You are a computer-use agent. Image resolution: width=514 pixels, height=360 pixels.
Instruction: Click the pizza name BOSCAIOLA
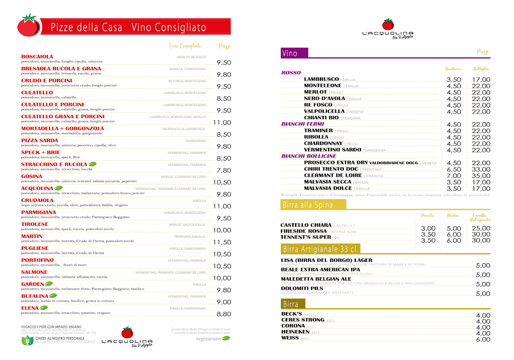click(x=37, y=57)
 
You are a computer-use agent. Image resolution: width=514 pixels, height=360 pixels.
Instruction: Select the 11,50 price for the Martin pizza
click(x=222, y=242)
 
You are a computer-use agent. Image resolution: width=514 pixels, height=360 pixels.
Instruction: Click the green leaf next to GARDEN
click(x=49, y=284)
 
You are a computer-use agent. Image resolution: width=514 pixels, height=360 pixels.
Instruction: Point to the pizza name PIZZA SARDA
click(x=39, y=141)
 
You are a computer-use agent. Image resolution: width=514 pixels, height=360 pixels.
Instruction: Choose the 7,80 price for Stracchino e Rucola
click(x=224, y=170)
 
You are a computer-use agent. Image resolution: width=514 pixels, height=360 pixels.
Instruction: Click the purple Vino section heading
click(x=290, y=53)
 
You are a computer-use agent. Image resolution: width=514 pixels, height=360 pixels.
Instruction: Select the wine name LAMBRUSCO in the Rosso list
click(x=321, y=79)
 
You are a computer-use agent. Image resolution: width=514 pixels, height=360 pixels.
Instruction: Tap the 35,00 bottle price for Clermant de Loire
click(x=481, y=176)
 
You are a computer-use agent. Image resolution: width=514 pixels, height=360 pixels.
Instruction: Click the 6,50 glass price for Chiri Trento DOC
click(x=454, y=169)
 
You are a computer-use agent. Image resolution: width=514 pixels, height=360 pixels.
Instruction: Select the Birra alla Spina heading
click(x=308, y=205)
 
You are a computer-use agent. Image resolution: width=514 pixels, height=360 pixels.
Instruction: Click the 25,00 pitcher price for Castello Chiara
click(x=481, y=228)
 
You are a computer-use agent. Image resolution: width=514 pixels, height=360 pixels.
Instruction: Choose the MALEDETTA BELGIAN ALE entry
click(x=316, y=279)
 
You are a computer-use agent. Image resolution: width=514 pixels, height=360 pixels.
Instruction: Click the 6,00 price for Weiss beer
click(x=483, y=339)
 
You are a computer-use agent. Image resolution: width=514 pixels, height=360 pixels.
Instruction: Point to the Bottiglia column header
click(x=481, y=69)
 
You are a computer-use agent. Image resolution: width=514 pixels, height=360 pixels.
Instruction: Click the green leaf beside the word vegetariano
click(x=225, y=338)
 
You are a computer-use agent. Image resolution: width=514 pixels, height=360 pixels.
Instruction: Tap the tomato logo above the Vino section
click(x=388, y=24)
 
